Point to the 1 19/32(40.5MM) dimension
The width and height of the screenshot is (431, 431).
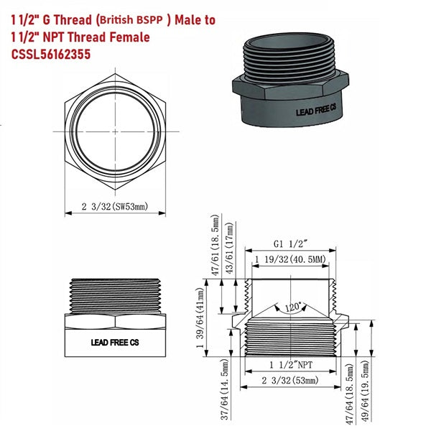coord(291,259)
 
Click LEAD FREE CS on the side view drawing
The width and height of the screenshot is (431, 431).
coord(115,343)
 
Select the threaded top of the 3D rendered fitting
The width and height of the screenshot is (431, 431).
coord(292,58)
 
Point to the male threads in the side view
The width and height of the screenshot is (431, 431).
coord(115,295)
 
